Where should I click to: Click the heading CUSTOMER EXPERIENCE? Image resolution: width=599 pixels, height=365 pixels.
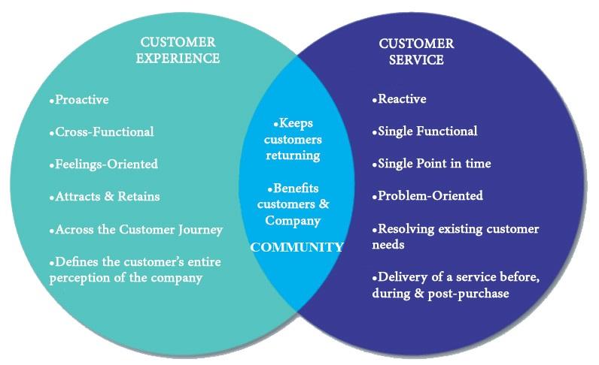coord(178,50)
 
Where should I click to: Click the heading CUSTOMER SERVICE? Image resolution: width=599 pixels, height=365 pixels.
coord(416,52)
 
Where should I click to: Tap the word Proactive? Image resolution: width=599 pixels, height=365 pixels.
coord(82,100)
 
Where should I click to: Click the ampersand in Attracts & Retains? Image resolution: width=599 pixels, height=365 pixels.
coord(109,196)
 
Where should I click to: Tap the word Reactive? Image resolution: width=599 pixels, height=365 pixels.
coord(402,99)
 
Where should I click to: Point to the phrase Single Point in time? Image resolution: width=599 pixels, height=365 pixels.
coord(434,163)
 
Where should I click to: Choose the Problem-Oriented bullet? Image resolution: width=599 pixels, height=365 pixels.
coord(430,196)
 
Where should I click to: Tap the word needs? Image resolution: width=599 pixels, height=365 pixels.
coord(388,245)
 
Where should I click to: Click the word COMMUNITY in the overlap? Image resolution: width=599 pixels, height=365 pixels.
coord(296,247)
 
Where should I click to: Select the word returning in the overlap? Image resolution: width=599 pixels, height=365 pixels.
coord(293,155)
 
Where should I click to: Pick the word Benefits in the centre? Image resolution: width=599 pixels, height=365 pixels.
coord(296,188)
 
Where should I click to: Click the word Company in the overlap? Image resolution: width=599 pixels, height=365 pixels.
coord(293,221)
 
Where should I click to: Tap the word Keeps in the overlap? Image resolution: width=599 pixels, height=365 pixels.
coord(296,123)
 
